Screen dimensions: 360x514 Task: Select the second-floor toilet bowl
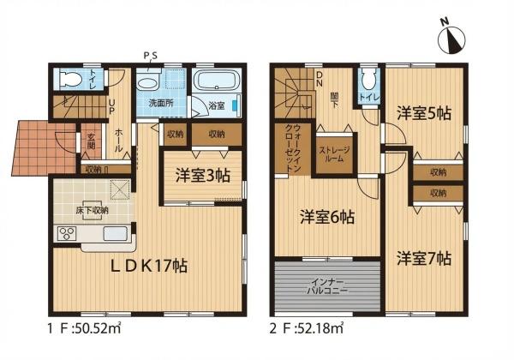point(368,81)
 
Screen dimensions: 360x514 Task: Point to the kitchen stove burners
point(66,233)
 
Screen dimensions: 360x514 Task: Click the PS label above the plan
point(150,57)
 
